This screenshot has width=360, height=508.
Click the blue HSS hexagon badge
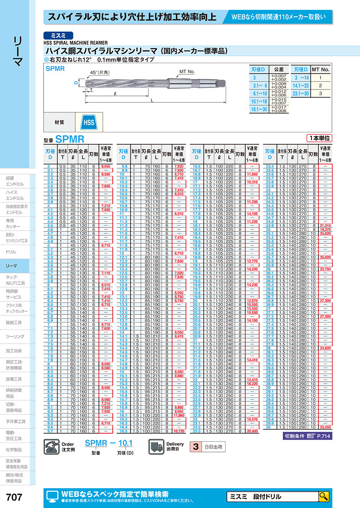[89, 122]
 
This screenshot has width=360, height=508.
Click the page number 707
[14, 497]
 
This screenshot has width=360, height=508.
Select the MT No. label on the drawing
[187, 72]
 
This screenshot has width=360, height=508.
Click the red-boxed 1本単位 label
[319, 138]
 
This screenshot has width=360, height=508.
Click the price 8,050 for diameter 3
[106, 166]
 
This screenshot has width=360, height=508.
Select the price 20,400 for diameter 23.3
[252, 431]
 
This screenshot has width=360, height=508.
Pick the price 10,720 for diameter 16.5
[178, 431]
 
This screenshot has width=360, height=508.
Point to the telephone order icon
[51, 446]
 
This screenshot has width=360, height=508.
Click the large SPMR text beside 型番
[70, 139]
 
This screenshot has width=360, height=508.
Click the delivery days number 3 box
[196, 446]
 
